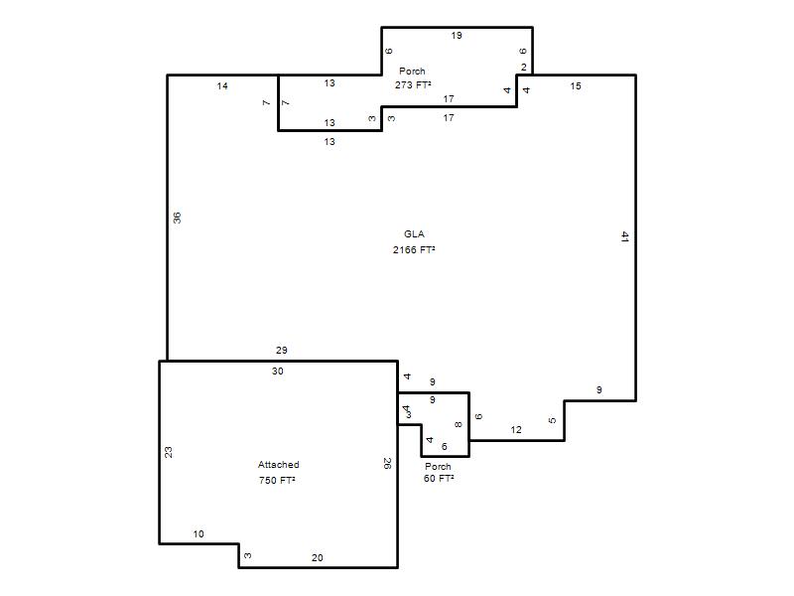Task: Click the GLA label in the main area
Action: point(414,234)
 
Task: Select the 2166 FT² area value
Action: point(414,250)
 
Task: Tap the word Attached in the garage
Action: point(279,465)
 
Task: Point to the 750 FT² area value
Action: point(277,481)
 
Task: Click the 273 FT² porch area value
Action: point(413,85)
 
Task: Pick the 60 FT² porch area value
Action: point(439,479)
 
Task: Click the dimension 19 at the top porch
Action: point(457,36)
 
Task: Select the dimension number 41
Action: point(625,236)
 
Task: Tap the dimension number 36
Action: point(177,218)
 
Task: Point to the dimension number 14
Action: point(222,86)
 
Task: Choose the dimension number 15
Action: point(576,86)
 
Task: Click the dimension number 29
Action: point(282,351)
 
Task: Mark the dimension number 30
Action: point(278,372)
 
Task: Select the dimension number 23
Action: point(168,452)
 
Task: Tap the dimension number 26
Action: point(387,464)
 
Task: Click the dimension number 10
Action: point(198,534)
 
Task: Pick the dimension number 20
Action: point(317,558)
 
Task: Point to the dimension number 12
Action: point(516,430)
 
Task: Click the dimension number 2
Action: point(524,68)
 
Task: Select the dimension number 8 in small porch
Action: point(459,425)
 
